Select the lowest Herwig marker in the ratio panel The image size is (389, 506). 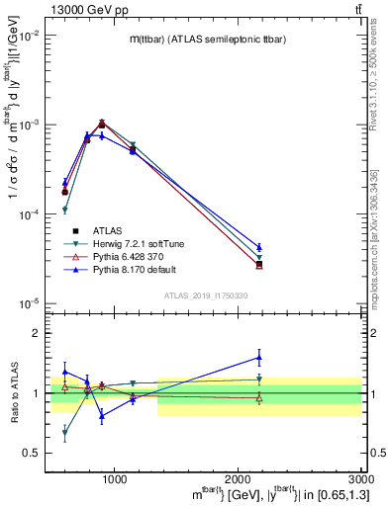[x=64, y=433]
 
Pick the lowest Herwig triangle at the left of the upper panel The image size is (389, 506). [x=64, y=210]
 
